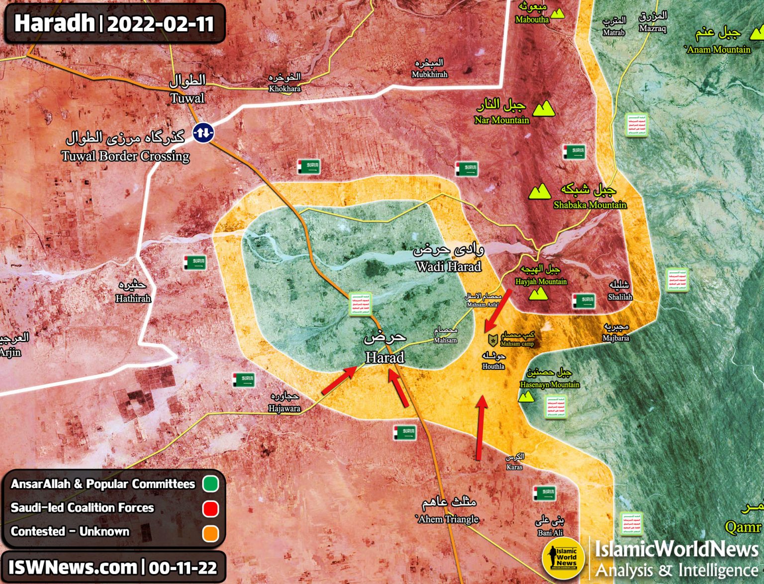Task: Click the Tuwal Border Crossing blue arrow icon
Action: coord(203,132)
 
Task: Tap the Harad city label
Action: coord(384,357)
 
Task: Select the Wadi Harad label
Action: coord(449,266)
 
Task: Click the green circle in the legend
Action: coord(211,484)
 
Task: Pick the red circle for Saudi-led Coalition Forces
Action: coord(211,508)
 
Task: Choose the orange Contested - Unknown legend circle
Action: coord(211,532)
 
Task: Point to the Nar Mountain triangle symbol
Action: coord(544,108)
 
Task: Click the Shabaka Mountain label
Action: coord(590,204)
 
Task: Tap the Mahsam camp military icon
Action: coord(492,340)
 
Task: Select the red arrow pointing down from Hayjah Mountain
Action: coord(498,311)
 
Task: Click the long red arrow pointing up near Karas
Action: coord(480,427)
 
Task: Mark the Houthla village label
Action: coord(493,366)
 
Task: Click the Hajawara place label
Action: coord(284,408)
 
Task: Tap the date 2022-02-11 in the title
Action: coord(160,23)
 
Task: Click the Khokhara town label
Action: coord(285,88)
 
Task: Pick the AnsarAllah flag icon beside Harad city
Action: coord(360,304)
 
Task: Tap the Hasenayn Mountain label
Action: coord(550,384)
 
